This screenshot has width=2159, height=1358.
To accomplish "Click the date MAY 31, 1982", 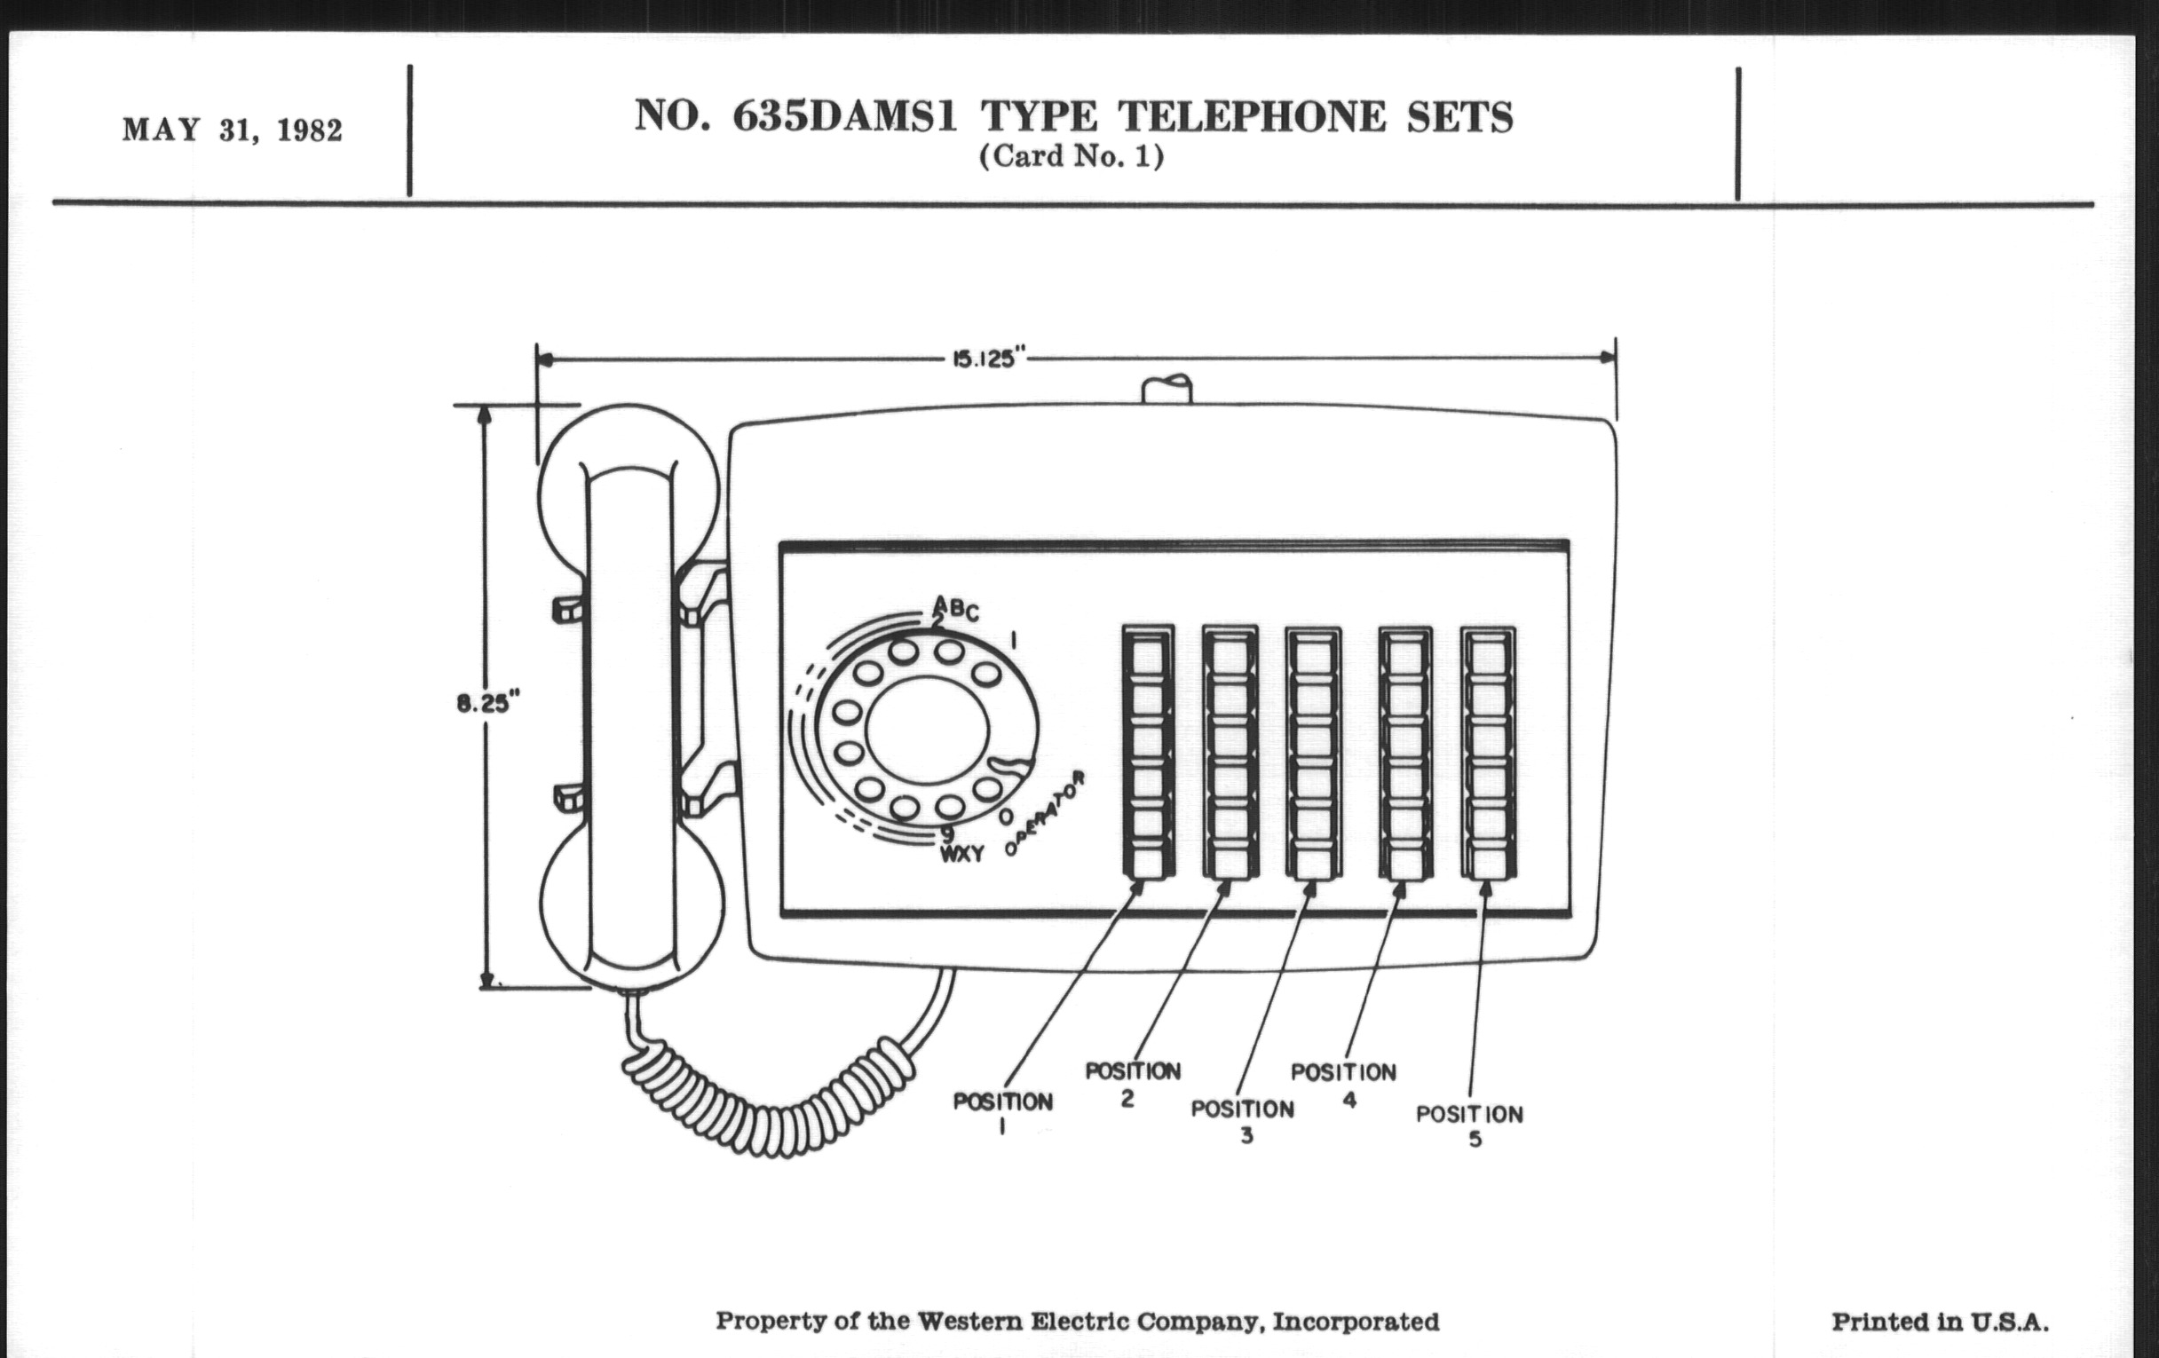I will [233, 130].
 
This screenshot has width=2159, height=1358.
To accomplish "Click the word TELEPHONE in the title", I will [1252, 117].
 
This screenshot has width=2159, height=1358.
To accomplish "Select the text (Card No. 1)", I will [1072, 157].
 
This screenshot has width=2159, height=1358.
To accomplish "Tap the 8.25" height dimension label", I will [487, 702].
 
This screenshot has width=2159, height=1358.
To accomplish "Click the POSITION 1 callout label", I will [1002, 1110].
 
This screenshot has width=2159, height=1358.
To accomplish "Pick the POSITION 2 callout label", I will [1133, 1082].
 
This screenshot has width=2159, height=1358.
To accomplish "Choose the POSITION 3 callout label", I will [1243, 1119].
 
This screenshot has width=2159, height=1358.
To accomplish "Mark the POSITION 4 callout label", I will [1343, 1083].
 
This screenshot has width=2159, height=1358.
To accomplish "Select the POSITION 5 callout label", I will [1469, 1125].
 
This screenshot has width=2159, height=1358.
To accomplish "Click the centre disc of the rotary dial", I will [927, 730].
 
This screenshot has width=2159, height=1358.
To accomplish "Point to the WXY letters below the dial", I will [961, 854].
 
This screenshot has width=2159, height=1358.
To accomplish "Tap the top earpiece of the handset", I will [628, 466].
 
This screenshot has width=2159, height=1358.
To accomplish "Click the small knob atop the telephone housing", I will [1166, 390].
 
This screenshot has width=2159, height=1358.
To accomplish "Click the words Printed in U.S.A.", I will [1940, 1322].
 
